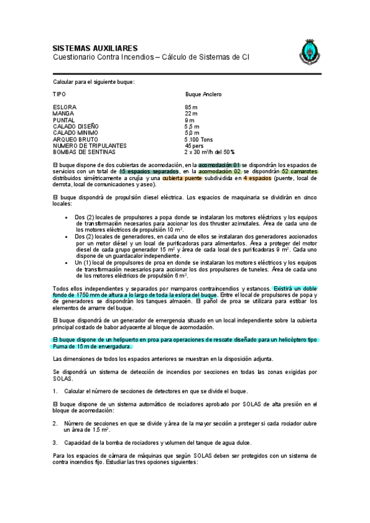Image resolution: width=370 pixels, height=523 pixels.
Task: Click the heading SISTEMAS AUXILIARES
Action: tap(95, 48)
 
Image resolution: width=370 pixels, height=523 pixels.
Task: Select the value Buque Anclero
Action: tap(203, 94)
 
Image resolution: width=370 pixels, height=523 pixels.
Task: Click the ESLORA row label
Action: tap(65, 107)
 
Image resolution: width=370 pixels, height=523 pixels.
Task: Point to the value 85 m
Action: tap(191, 107)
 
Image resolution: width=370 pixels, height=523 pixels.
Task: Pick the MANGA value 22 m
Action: tap(191, 113)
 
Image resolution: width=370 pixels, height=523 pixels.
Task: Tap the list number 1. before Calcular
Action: tap(55, 390)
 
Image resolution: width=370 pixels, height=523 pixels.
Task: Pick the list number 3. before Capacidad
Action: tap(55, 442)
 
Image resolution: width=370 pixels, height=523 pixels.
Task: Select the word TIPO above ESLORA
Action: tap(59, 94)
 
